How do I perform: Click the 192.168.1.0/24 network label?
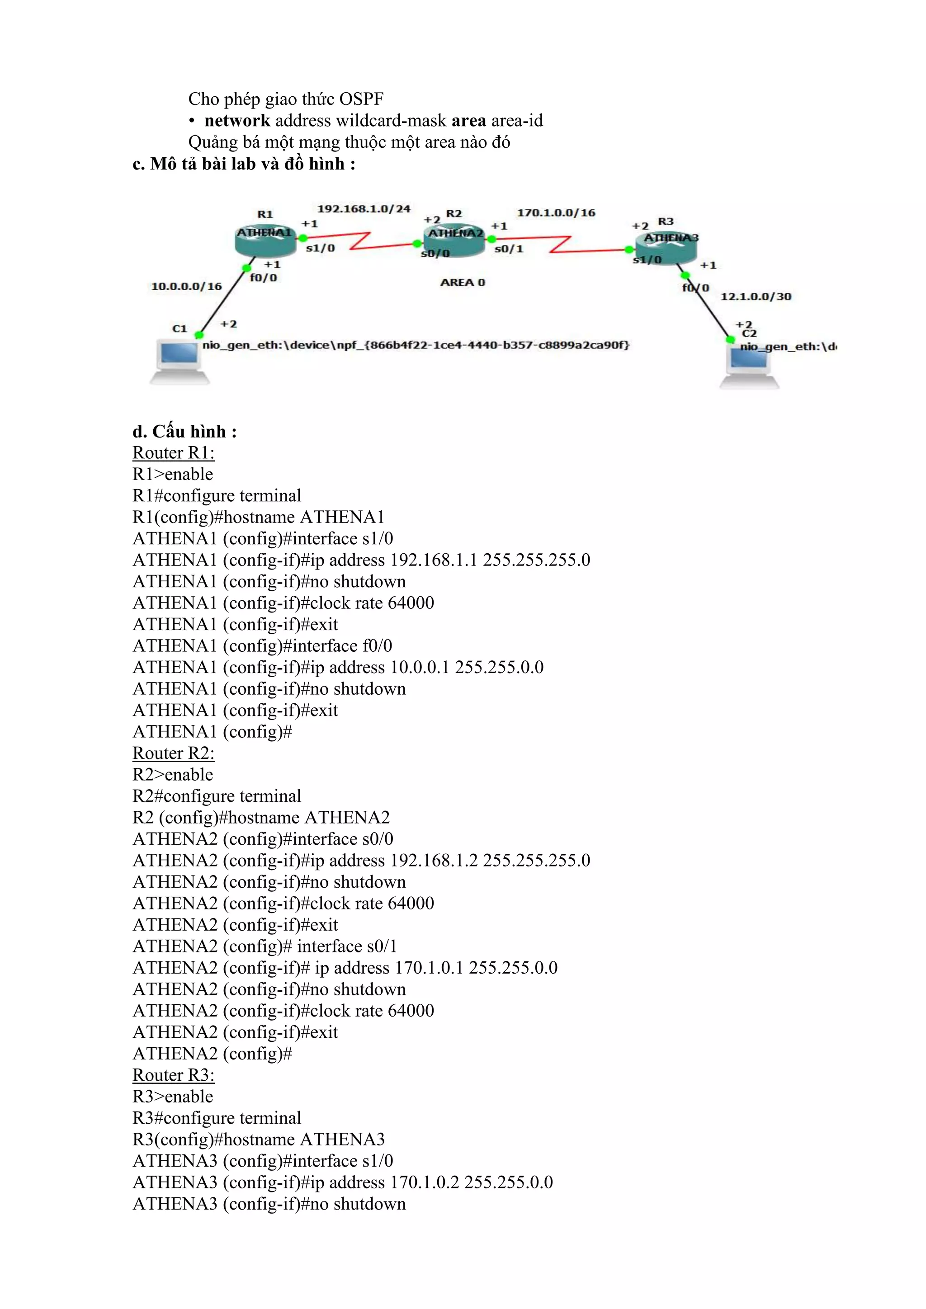pyautogui.click(x=364, y=209)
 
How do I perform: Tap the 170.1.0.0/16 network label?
pyautogui.click(x=556, y=212)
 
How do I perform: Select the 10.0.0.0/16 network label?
pyautogui.click(x=186, y=286)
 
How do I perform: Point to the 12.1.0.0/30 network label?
pyautogui.click(x=756, y=297)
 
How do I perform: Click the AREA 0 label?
pyautogui.click(x=463, y=282)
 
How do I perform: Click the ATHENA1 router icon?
pyautogui.click(x=265, y=240)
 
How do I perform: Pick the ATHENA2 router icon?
pyautogui.click(x=454, y=240)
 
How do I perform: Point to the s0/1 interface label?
pyautogui.click(x=509, y=249)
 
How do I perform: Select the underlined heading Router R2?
pyautogui.click(x=173, y=753)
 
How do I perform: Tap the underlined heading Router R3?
pyautogui.click(x=173, y=1075)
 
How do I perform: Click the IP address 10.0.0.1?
pyautogui.click(x=420, y=667)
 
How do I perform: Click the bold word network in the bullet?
pyautogui.click(x=237, y=121)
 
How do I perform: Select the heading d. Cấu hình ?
pyautogui.click(x=184, y=431)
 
